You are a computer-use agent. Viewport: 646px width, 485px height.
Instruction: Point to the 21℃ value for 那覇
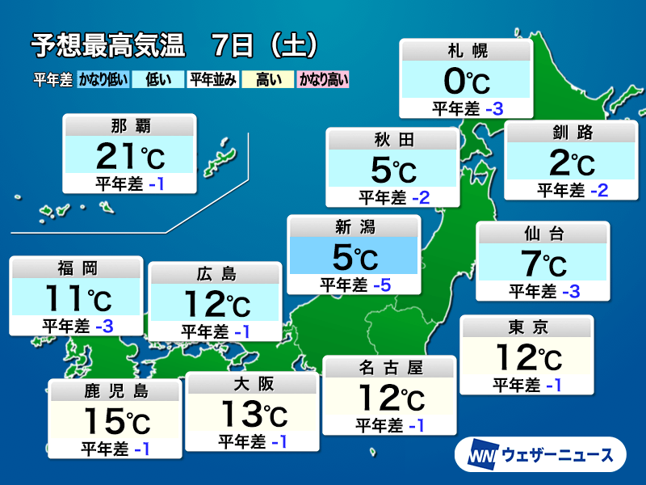tap(130, 155)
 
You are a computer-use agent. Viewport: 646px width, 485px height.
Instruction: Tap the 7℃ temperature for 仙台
tap(543, 264)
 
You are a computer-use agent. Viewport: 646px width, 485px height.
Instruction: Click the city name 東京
tap(526, 328)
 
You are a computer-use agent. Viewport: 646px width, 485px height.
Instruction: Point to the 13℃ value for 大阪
tap(252, 415)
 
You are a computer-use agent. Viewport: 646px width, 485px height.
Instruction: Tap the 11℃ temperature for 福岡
tap(76, 298)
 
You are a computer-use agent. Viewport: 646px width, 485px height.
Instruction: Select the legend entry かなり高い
tap(323, 79)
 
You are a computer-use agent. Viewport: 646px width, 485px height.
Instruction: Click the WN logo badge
tap(481, 455)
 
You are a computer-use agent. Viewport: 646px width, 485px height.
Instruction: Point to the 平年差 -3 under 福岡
tap(78, 326)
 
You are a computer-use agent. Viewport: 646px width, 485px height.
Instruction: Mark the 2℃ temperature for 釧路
tap(571, 163)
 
